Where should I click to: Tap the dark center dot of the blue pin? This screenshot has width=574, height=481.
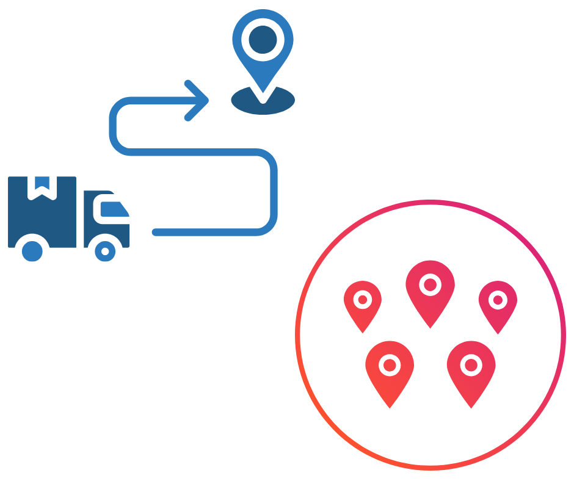tap(263, 38)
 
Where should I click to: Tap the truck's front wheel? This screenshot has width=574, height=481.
tap(106, 250)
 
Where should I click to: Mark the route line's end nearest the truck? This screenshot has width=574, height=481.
tap(156, 232)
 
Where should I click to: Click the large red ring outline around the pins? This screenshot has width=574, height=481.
tap(297, 335)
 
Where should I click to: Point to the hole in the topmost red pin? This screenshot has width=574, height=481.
tap(431, 284)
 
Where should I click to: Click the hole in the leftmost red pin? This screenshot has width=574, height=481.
tap(363, 300)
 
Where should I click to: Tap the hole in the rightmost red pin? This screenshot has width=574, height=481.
tap(498, 300)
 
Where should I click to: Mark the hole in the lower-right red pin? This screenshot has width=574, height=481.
tap(471, 365)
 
